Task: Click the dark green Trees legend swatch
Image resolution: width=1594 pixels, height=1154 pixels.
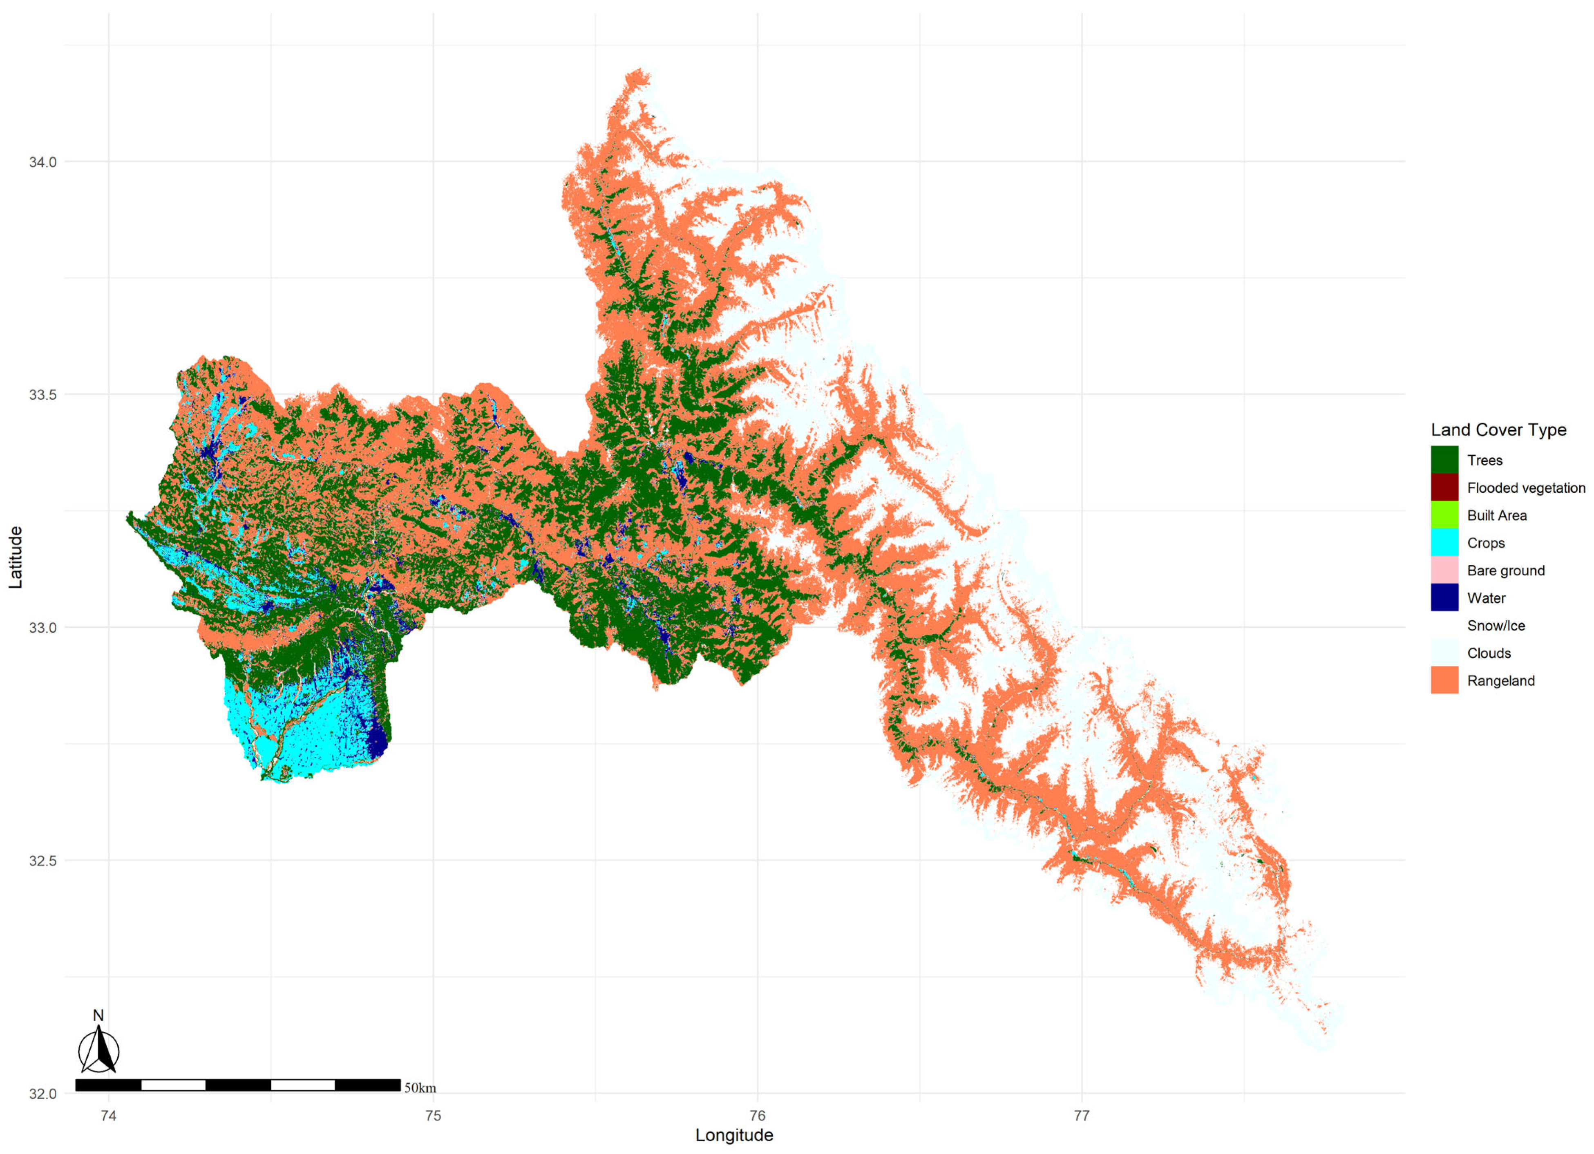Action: tap(1444, 460)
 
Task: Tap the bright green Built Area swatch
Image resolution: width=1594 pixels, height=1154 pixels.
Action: tap(1444, 515)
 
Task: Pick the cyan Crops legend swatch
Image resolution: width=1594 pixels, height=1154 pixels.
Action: tap(1444, 543)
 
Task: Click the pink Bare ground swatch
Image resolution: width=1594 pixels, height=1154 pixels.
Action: tap(1444, 570)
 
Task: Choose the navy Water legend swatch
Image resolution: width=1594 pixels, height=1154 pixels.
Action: tap(1444, 597)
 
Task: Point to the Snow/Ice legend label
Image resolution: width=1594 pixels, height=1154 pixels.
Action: tap(1496, 626)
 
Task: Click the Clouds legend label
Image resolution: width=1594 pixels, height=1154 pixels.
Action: tap(1489, 653)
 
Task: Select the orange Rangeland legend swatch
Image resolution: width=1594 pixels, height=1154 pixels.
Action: tap(1444, 680)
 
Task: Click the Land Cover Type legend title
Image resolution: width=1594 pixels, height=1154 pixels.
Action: tap(1498, 429)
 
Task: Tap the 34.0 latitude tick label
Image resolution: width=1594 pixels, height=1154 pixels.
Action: tap(42, 162)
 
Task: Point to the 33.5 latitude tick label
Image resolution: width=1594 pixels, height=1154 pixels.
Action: tap(42, 394)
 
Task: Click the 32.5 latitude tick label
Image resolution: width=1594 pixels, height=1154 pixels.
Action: tap(42, 860)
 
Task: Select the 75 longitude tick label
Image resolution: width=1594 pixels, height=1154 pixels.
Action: tap(433, 1115)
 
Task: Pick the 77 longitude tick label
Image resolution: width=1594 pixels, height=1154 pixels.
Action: tap(1082, 1115)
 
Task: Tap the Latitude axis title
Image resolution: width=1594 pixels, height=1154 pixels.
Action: tap(16, 557)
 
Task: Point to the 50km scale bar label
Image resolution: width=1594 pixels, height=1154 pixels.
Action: tap(420, 1088)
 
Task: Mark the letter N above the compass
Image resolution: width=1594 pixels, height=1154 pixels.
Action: tap(98, 1015)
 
